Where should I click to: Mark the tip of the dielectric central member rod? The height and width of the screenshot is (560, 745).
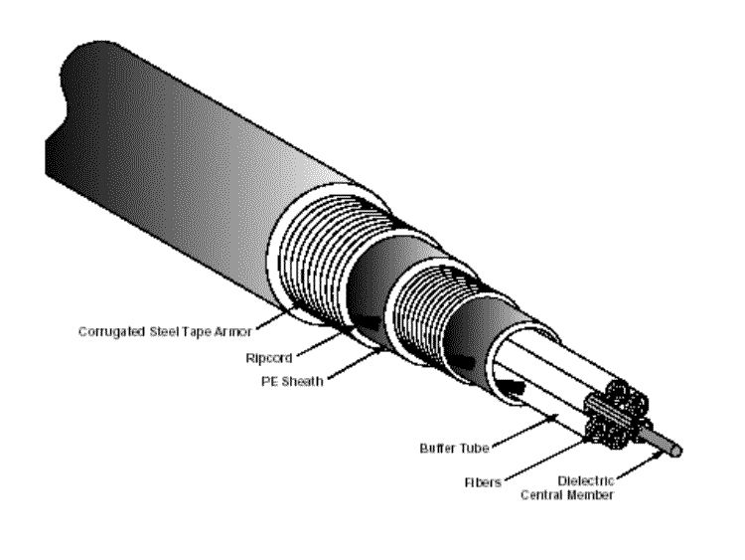678,451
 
